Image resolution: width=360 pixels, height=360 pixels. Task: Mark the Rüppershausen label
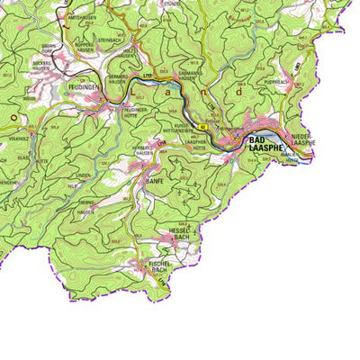[84, 45]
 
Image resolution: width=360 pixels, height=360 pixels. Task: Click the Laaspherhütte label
[197, 144]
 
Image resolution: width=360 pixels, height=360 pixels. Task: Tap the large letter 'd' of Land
[238, 91]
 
